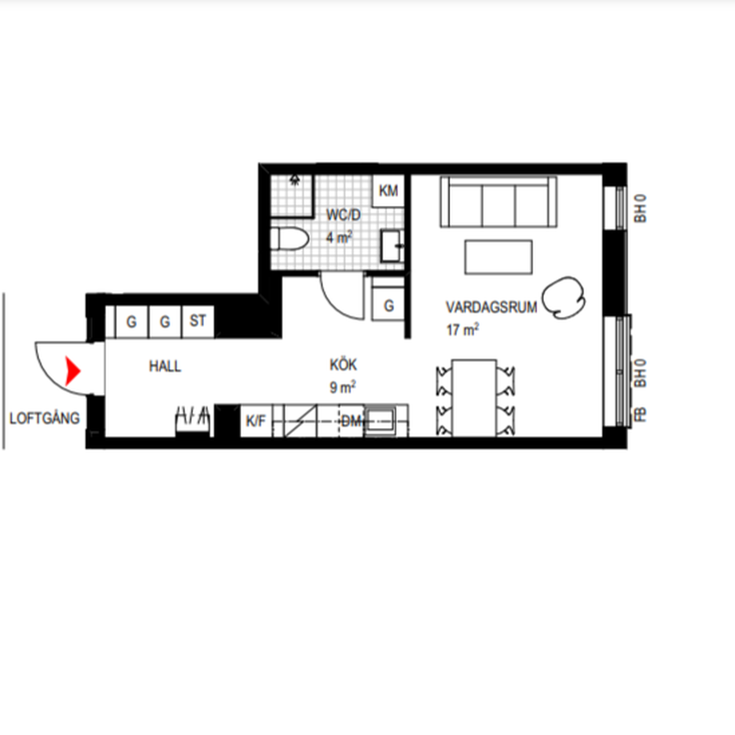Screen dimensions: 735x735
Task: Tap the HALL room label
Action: (x=165, y=366)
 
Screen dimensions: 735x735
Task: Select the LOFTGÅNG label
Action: (x=45, y=418)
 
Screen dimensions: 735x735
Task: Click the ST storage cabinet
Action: (x=198, y=322)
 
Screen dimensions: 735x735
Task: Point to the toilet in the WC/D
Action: (x=290, y=239)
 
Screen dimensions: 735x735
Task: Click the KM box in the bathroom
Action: (x=388, y=190)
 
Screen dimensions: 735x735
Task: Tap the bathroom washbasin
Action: (x=393, y=246)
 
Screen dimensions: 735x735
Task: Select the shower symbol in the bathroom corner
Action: (x=295, y=179)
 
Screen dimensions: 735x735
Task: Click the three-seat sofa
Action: (x=499, y=202)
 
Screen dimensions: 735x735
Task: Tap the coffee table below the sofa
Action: (x=499, y=257)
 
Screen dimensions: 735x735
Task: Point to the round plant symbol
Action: (x=563, y=298)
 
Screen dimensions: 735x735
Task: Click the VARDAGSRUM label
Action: (x=492, y=307)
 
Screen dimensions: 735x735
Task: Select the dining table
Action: (x=475, y=398)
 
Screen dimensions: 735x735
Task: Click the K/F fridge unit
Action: (x=256, y=421)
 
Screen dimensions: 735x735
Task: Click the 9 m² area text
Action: (x=342, y=387)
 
